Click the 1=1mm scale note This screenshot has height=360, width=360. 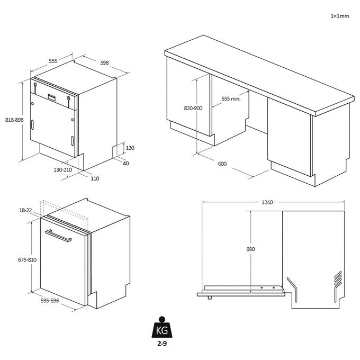coord(339,16)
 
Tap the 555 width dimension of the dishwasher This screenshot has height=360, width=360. coord(53,61)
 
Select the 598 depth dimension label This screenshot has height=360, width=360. coord(104,62)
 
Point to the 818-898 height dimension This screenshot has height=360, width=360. coord(14,120)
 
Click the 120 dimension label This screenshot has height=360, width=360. coord(130,148)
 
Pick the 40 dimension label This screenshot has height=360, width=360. coord(126,163)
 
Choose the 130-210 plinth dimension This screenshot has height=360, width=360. coord(62,170)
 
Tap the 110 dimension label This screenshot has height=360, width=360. coord(95,178)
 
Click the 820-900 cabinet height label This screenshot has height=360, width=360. coord(193,108)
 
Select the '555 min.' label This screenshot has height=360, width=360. coord(231,98)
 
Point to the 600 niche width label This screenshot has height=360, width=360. coord(222,164)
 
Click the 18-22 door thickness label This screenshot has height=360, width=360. coord(25,210)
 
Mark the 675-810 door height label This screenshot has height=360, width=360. coord(28,259)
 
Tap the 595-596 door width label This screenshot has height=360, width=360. coord(50,301)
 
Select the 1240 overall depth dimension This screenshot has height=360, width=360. coord(267,202)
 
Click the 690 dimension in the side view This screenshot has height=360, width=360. coord(250,249)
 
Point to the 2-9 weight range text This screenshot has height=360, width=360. coord(162,344)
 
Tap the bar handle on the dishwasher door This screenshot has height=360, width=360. coord(58,236)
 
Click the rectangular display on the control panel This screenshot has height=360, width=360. coord(52,97)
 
